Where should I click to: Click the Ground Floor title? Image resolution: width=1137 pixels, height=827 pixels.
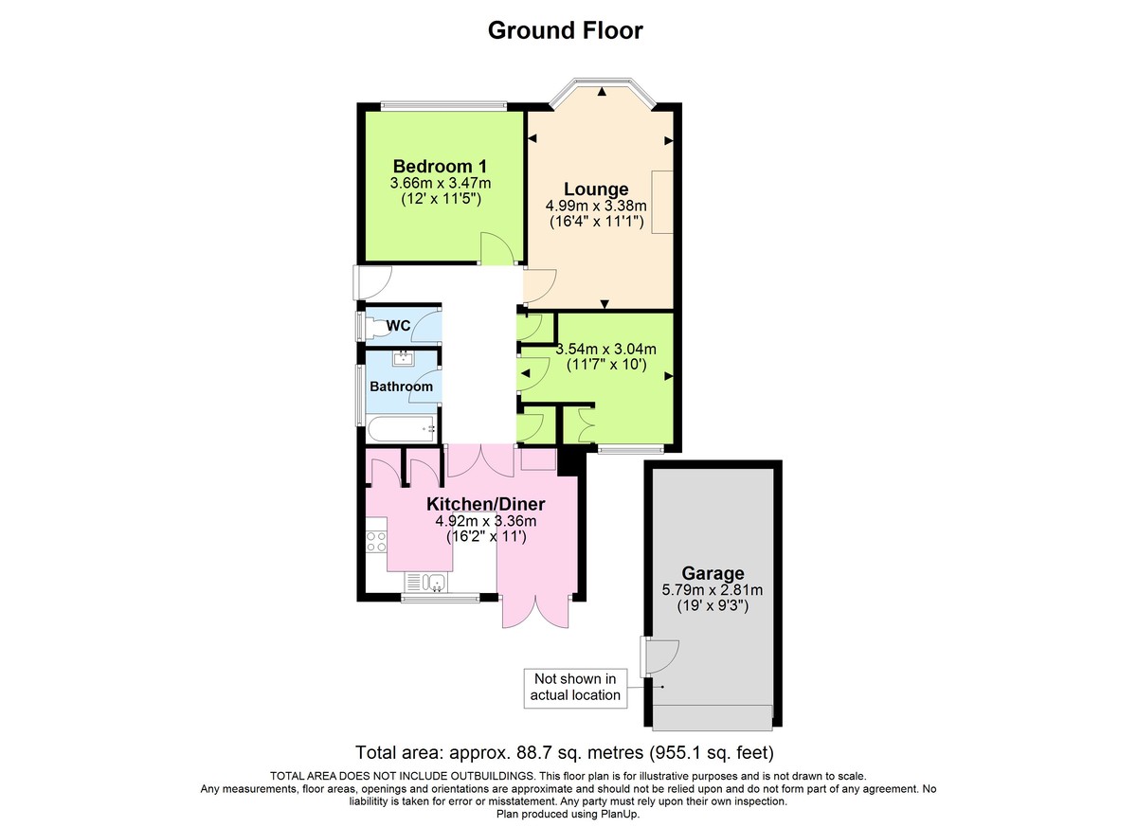(x=565, y=30)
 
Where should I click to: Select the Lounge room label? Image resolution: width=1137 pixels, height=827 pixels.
(x=596, y=189)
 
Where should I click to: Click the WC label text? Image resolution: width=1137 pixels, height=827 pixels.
(x=398, y=326)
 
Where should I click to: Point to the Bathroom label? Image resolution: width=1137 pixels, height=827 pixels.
(x=401, y=387)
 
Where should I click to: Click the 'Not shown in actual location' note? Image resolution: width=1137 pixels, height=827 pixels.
(x=576, y=687)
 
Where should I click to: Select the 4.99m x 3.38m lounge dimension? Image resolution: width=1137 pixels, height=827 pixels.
(x=596, y=206)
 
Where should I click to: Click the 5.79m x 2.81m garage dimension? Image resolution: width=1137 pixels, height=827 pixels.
(x=713, y=590)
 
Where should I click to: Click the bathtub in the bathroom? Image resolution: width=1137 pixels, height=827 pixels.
(x=401, y=428)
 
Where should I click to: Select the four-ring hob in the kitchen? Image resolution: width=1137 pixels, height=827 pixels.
(x=375, y=543)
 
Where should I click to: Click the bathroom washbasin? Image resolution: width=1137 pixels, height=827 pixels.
(x=404, y=358)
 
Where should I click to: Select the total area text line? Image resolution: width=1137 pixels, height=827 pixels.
(x=565, y=754)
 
